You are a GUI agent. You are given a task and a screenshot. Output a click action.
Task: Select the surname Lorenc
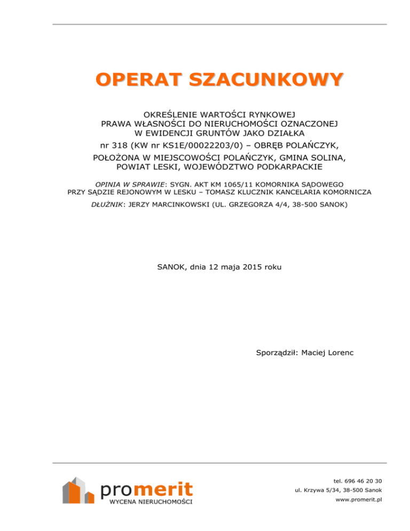click(338, 353)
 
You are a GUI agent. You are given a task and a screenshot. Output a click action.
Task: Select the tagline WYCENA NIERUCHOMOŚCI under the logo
click(151, 502)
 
